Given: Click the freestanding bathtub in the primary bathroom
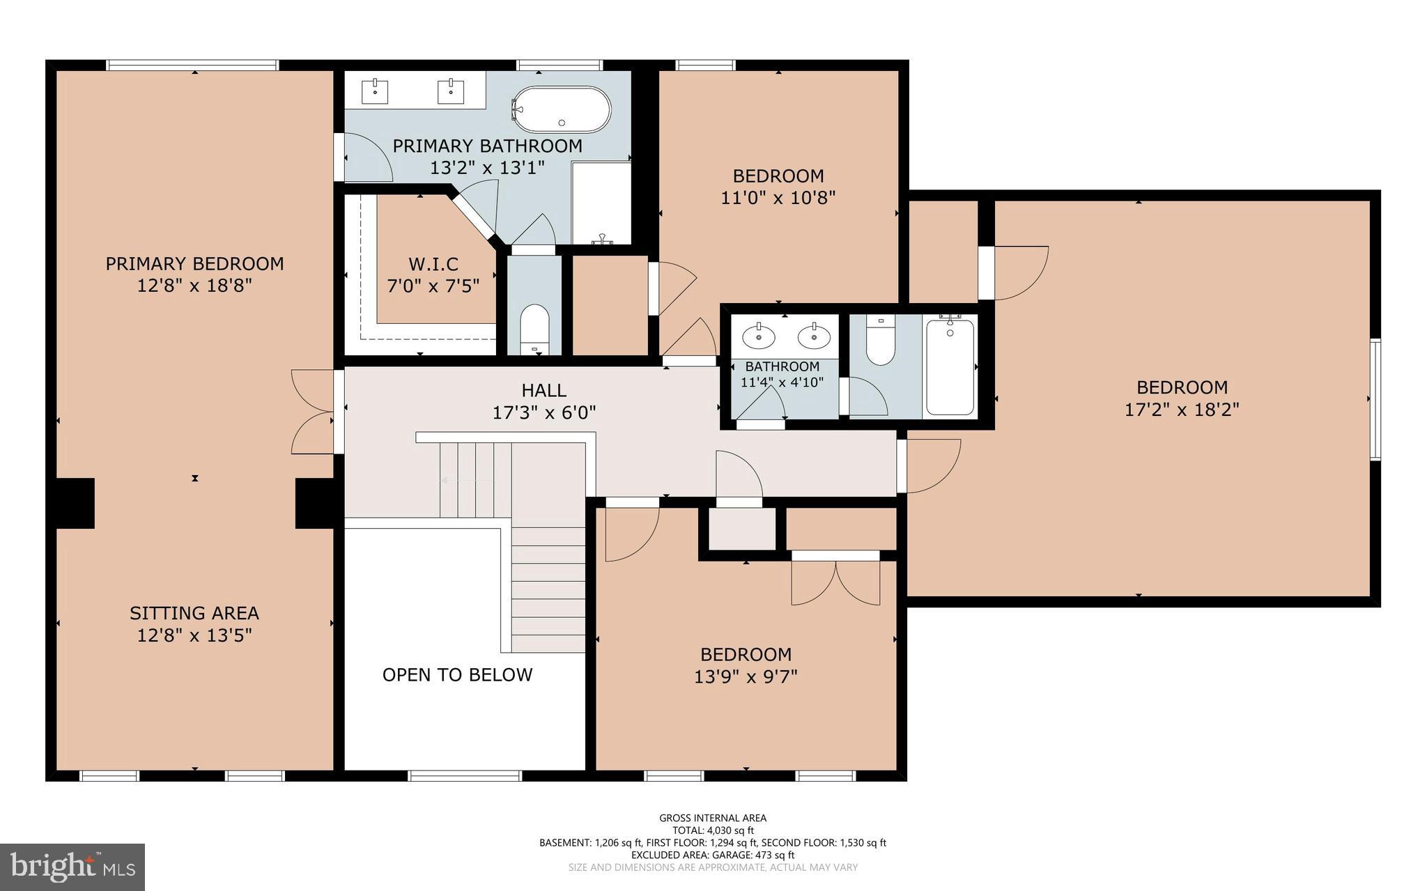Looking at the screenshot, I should click(x=562, y=109).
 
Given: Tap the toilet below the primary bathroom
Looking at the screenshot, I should click(x=534, y=327).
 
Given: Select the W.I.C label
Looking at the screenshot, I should click(x=433, y=264).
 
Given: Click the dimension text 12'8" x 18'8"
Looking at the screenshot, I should click(x=194, y=286).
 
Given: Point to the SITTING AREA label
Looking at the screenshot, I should click(x=194, y=613).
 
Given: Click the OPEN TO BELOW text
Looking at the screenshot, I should click(x=457, y=674).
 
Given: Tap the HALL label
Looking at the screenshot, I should click(x=544, y=390).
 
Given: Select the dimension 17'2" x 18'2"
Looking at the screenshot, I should click(x=1182, y=409).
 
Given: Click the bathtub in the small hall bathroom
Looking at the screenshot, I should click(x=950, y=367).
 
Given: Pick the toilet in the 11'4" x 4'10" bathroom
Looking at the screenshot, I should click(x=881, y=341).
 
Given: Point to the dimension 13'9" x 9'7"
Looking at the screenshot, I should click(x=746, y=676).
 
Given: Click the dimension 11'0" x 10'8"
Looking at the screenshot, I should click(x=778, y=198).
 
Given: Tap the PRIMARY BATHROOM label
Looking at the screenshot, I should click(x=487, y=146).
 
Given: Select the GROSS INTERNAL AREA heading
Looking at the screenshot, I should click(x=713, y=818).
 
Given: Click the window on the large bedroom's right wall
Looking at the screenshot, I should click(x=1375, y=399).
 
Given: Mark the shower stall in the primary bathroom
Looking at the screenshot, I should click(x=601, y=202).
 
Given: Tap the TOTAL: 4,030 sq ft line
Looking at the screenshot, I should click(x=713, y=830).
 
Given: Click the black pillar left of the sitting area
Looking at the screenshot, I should click(x=75, y=503).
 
